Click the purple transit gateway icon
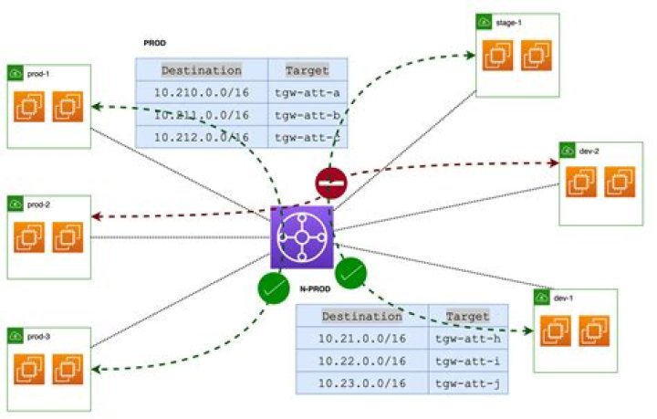tap(302, 237)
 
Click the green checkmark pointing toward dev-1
tap(351, 272)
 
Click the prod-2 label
tap(38, 204)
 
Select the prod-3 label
tap(38, 337)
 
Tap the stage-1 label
tap(508, 22)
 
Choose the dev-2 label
tap(589, 151)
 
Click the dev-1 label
tap(563, 299)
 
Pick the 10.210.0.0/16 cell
tap(202, 92)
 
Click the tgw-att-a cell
tap(308, 92)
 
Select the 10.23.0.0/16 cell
tap(361, 382)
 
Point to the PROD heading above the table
tap(154, 43)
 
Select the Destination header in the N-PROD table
tap(361, 317)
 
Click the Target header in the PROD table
tap(308, 70)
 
